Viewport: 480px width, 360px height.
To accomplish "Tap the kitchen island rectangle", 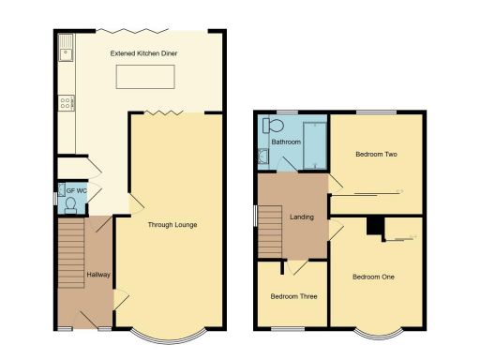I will tap(143, 78).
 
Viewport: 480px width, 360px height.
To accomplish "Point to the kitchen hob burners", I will tap(67, 104).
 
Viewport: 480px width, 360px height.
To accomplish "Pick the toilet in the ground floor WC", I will tap(69, 204).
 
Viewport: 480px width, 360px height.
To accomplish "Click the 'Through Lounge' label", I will tap(172, 225).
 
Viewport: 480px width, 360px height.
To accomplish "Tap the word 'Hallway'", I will tap(97, 275).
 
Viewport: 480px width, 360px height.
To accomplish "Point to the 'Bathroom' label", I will tap(285, 142).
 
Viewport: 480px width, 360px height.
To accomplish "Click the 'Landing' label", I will tap(301, 217).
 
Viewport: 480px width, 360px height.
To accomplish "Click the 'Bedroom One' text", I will tap(373, 277).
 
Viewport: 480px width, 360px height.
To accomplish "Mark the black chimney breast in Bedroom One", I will tap(375, 226).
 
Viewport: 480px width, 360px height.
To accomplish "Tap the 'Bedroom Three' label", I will tap(293, 296).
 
